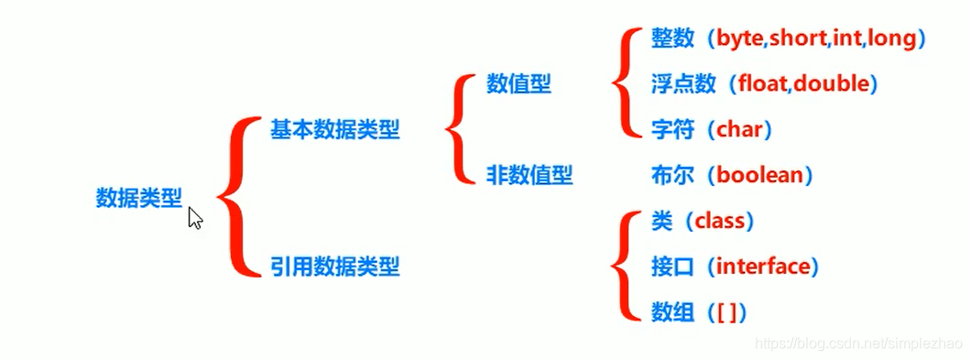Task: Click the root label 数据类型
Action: click(x=139, y=197)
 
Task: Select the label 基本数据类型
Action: click(x=334, y=130)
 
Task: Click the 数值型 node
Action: click(x=518, y=84)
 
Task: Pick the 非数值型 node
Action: click(x=529, y=175)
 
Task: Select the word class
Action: click(x=724, y=221)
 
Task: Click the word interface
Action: click(x=764, y=267)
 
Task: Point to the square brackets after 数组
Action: click(x=725, y=312)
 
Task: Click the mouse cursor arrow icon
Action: click(x=195, y=217)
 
